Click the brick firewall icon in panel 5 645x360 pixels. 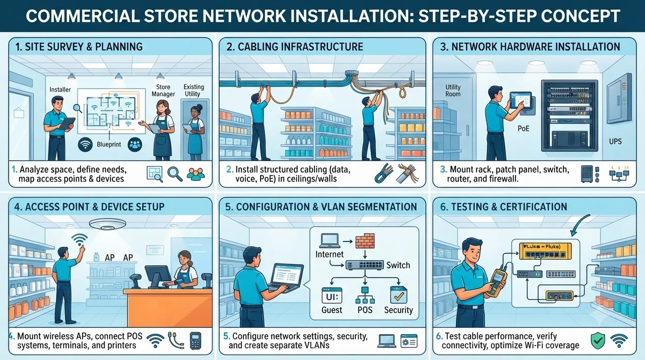click(x=365, y=241)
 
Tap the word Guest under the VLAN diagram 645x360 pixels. click(x=332, y=310)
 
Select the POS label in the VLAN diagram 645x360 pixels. click(x=365, y=310)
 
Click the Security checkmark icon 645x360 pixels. click(x=399, y=294)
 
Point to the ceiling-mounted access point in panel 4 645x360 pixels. click(x=107, y=224)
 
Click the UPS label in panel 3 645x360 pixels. click(x=615, y=141)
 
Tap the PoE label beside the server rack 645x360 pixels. click(x=524, y=129)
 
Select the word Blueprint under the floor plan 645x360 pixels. click(x=109, y=144)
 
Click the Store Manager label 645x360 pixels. click(x=163, y=90)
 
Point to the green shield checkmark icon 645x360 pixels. click(x=598, y=341)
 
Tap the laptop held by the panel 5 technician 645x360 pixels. click(x=286, y=278)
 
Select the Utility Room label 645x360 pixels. click(x=453, y=90)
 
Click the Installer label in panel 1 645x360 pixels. click(x=60, y=90)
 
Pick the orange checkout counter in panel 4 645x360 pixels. click(x=168, y=308)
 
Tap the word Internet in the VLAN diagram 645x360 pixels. click(x=330, y=254)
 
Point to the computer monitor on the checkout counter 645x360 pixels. click(x=158, y=276)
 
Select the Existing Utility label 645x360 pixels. click(x=194, y=90)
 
